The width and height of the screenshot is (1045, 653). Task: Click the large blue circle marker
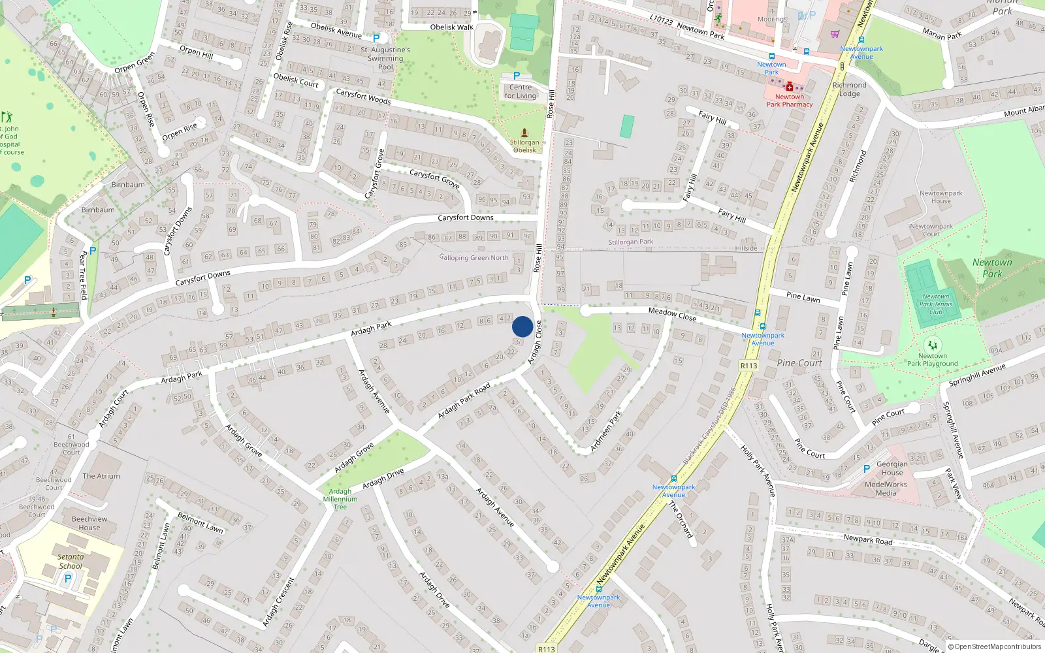click(522, 326)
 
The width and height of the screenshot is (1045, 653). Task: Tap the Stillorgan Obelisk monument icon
click(524, 133)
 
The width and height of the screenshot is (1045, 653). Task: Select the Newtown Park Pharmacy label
click(789, 101)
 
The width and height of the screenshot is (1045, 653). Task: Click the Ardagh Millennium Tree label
click(340, 499)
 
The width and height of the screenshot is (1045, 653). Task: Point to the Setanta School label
click(71, 562)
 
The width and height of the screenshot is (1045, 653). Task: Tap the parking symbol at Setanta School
click(67, 579)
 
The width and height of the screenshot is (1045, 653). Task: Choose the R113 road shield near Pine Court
click(748, 366)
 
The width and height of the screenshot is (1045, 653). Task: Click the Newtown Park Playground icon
click(932, 345)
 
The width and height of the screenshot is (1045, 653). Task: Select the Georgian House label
click(892, 468)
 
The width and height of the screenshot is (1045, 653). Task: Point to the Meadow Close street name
click(672, 314)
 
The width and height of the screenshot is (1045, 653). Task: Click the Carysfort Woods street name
click(363, 97)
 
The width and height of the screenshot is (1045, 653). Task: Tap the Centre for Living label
click(520, 91)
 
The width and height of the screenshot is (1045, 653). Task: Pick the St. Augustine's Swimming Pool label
click(385, 58)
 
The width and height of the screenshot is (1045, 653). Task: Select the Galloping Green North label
click(474, 258)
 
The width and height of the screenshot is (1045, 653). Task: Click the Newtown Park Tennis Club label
click(935, 304)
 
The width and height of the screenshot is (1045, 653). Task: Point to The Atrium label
click(101, 476)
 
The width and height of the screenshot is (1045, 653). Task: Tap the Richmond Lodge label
click(849, 89)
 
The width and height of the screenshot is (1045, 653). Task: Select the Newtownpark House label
click(940, 197)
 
